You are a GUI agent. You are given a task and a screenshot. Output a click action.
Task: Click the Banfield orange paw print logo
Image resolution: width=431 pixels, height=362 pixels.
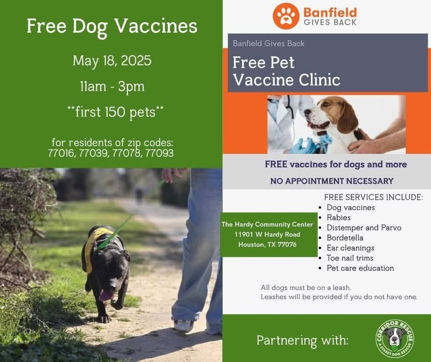(x=286, y=16)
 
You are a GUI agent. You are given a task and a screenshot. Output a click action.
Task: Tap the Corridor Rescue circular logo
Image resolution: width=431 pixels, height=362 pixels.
(x=395, y=338)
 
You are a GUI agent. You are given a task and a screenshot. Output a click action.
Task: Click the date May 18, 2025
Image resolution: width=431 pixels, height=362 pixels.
(x=112, y=61)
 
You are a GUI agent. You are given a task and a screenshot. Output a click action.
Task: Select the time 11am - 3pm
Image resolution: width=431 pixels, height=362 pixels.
(x=112, y=86)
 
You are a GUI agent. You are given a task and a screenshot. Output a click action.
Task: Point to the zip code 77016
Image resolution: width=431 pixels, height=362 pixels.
(x=62, y=153)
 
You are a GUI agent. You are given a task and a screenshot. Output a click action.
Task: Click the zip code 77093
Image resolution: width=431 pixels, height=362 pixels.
(x=160, y=153)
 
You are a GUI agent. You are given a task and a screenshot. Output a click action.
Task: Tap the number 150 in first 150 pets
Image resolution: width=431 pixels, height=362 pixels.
(x=115, y=112)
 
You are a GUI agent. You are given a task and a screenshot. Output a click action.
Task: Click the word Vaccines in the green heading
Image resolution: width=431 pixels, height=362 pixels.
(x=156, y=26)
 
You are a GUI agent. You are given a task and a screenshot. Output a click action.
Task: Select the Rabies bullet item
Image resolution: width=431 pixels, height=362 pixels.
(x=339, y=218)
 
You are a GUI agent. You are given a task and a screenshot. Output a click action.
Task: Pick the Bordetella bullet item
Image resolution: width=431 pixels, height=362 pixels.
(x=345, y=238)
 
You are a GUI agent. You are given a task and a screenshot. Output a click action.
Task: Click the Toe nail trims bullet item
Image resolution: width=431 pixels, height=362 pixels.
(x=350, y=258)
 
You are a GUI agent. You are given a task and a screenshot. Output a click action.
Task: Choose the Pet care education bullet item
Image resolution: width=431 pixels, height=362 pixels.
(x=360, y=268)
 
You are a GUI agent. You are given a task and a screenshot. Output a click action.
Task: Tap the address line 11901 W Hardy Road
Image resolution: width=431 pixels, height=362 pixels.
(x=267, y=234)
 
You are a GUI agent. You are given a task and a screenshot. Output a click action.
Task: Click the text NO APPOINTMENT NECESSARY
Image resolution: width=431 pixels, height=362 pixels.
(x=332, y=181)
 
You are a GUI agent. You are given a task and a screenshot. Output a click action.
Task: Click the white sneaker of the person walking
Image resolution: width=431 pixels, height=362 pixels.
(x=184, y=326)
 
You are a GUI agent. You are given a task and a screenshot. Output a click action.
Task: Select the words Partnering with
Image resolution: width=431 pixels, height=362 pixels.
(x=303, y=340)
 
